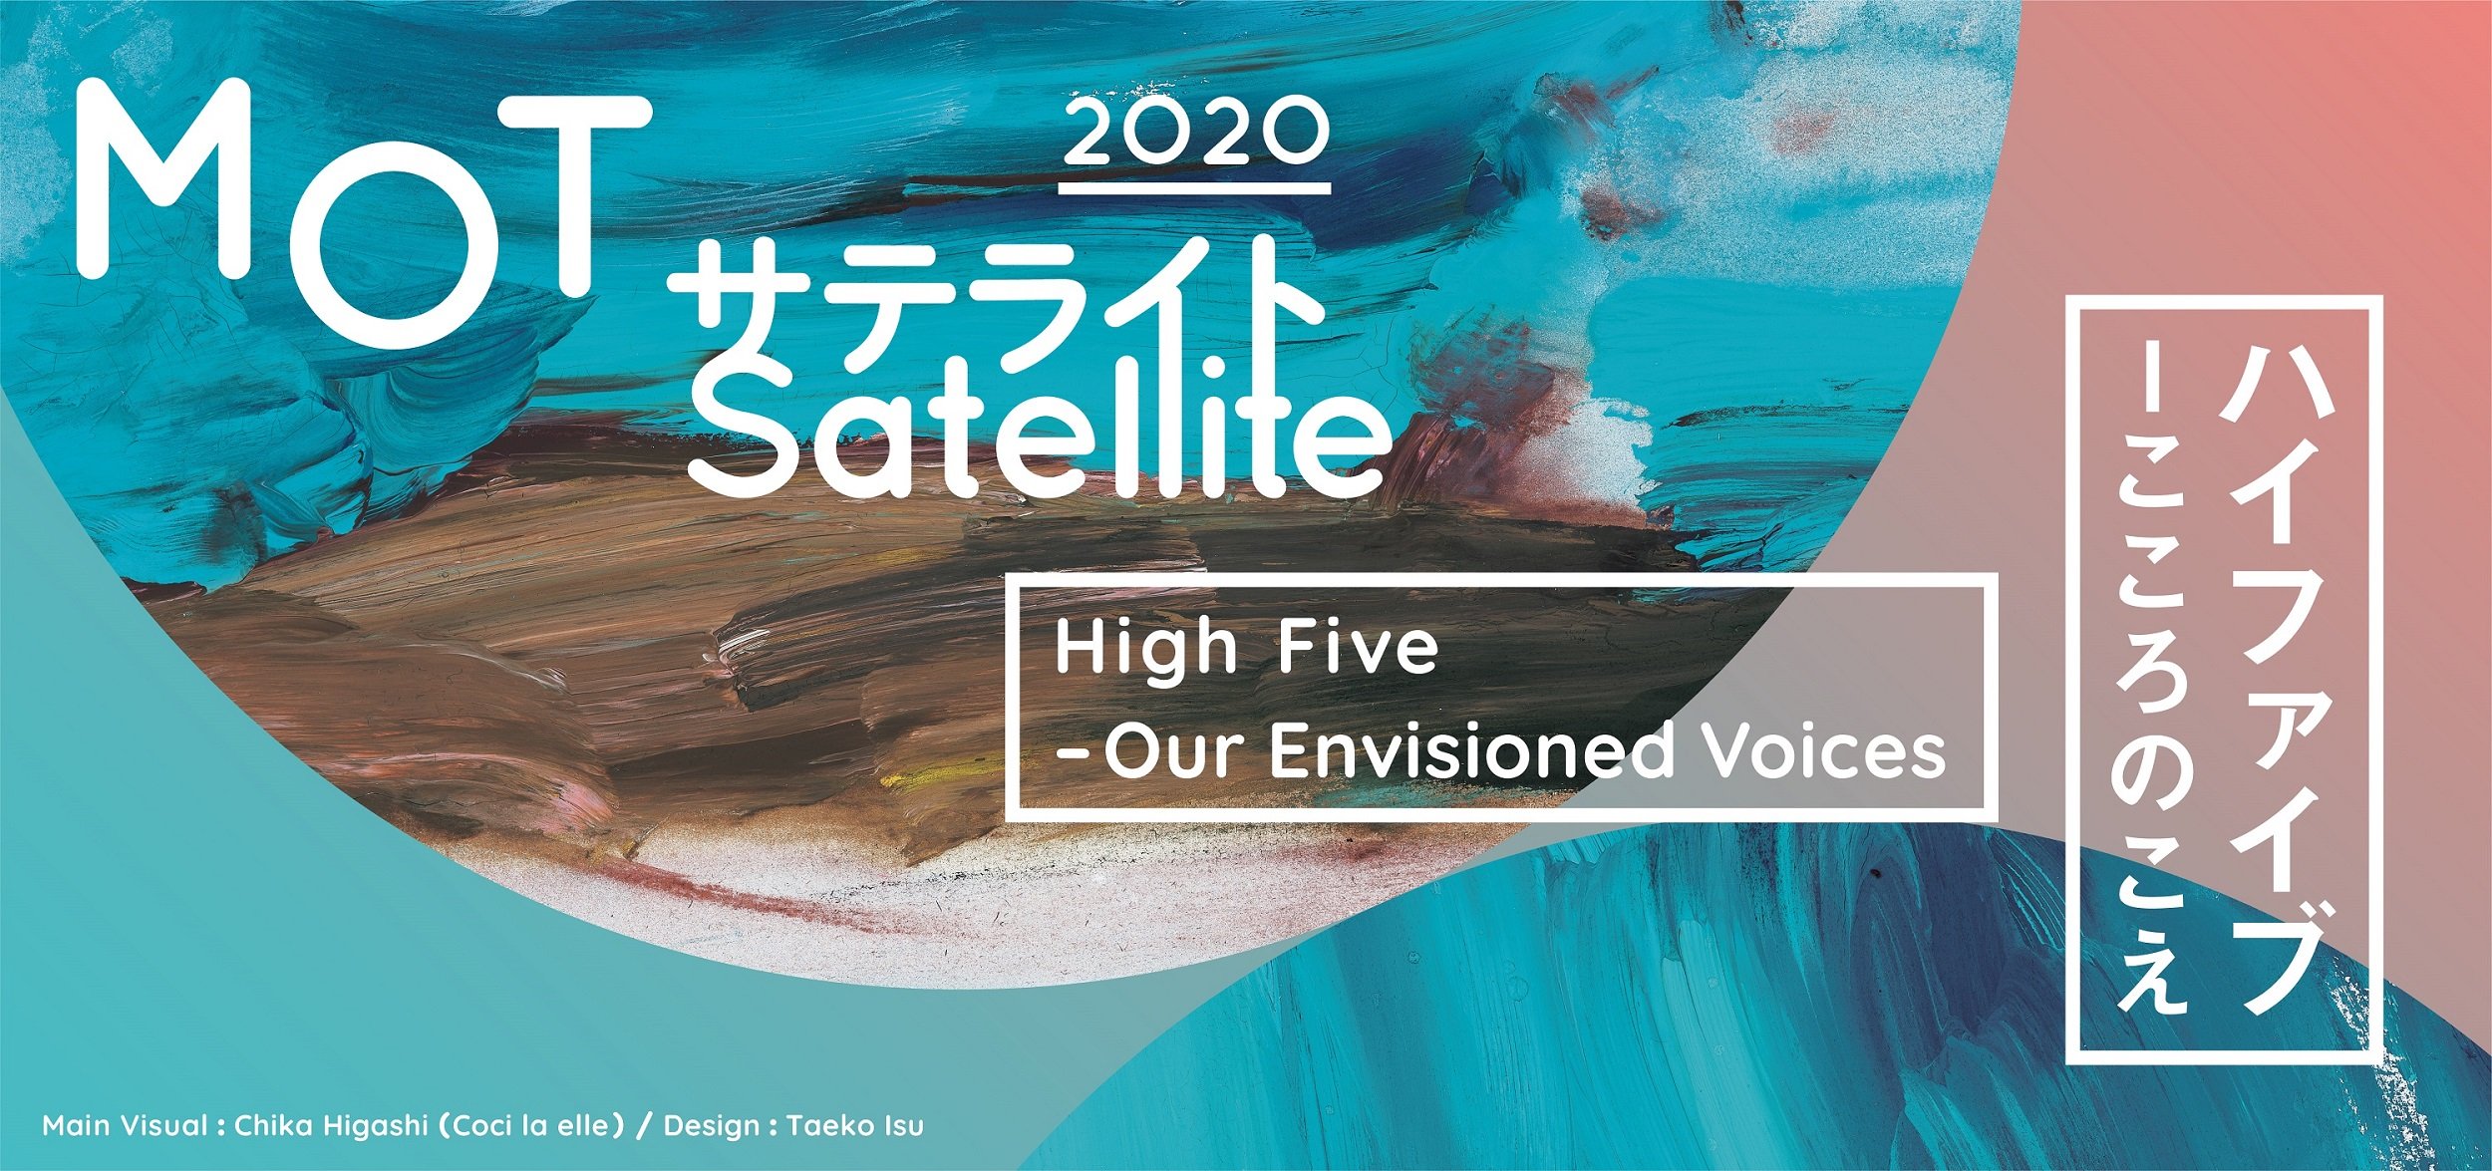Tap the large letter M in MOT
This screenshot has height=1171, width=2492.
(164, 179)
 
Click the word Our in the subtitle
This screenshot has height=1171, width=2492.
(1176, 752)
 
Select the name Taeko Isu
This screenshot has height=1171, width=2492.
(855, 1127)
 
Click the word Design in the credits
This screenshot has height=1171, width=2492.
(712, 1127)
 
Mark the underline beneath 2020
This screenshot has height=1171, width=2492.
(1196, 187)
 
